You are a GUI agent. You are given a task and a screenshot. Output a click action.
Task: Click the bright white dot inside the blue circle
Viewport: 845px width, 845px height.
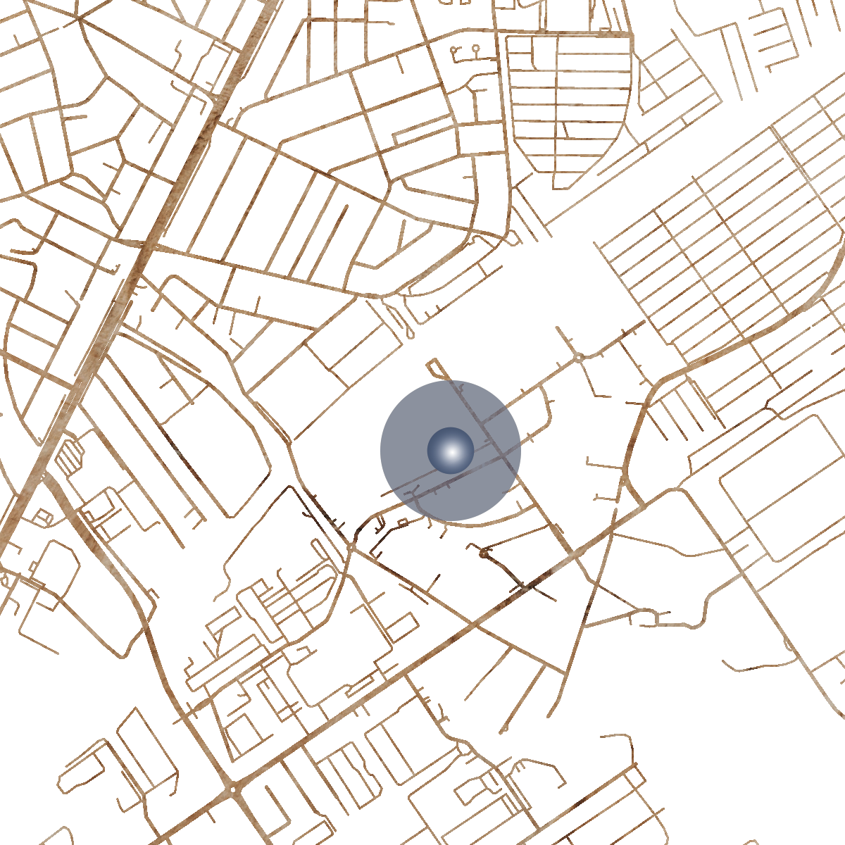[x=451, y=451]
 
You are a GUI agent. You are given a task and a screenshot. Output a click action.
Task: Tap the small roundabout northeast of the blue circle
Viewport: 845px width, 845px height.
[x=579, y=358]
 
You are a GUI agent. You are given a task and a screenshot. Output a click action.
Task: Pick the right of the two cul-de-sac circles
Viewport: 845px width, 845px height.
[x=476, y=49]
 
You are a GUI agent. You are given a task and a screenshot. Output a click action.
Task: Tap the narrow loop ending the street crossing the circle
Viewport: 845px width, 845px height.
[x=432, y=364]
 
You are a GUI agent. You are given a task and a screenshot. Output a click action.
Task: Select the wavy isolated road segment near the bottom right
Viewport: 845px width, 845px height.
[x=760, y=664]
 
